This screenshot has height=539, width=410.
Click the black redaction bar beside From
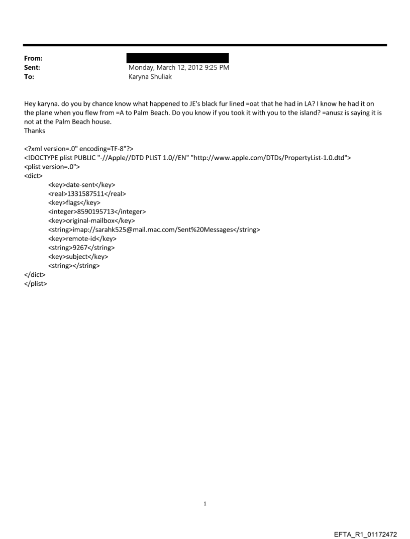[177, 58]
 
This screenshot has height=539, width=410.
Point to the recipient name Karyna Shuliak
[150, 77]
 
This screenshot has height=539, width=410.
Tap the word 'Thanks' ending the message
[34, 131]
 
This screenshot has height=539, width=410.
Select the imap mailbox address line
[154, 230]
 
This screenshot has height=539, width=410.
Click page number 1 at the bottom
[205, 503]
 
